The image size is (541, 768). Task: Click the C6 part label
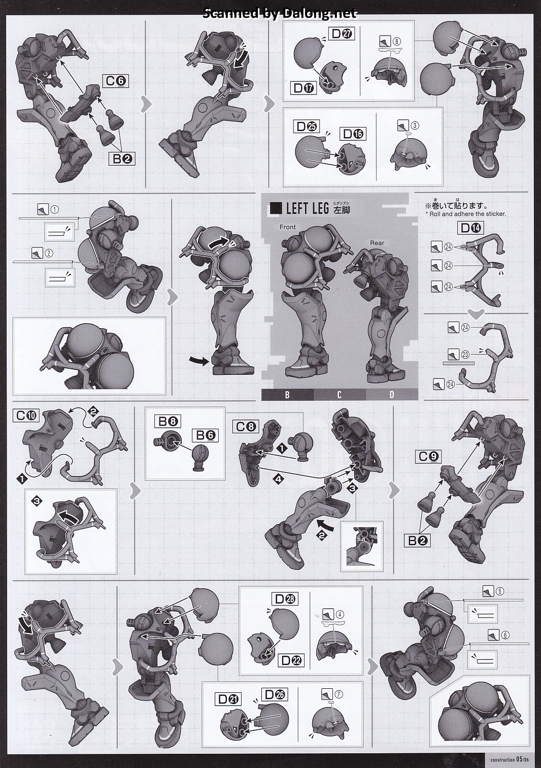click(x=116, y=81)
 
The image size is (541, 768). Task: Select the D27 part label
click(x=341, y=34)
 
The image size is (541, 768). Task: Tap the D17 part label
click(x=303, y=88)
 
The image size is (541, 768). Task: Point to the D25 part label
click(x=307, y=126)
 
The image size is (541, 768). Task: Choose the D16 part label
click(x=353, y=134)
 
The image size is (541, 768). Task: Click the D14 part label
click(x=470, y=228)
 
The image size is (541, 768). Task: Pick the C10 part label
click(x=26, y=415)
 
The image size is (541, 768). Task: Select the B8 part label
click(x=167, y=421)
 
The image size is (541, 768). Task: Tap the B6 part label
click(x=205, y=435)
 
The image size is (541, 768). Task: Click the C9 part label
click(x=428, y=456)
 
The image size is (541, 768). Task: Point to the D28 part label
click(x=285, y=599)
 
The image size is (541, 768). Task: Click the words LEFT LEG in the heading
click(x=308, y=208)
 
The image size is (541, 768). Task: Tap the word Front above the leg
click(x=287, y=227)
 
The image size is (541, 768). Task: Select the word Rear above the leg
click(x=377, y=243)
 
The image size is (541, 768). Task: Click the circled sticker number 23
click(x=465, y=354)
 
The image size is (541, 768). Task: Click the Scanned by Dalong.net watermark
click(x=280, y=13)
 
